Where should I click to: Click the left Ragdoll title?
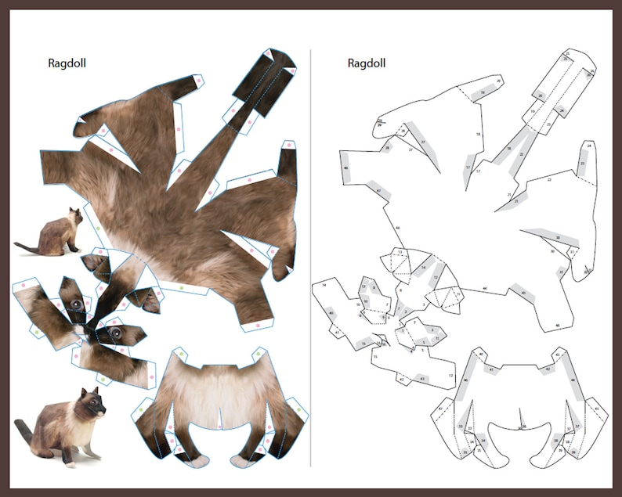click(67, 63)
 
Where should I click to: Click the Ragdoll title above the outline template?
click(367, 63)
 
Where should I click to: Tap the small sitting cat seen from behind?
click(54, 234)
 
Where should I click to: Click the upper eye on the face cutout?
click(76, 304)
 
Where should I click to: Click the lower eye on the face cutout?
click(114, 333)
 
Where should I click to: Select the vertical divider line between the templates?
click(311, 258)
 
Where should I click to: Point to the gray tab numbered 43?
click(421, 378)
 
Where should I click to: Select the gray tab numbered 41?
click(492, 369)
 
